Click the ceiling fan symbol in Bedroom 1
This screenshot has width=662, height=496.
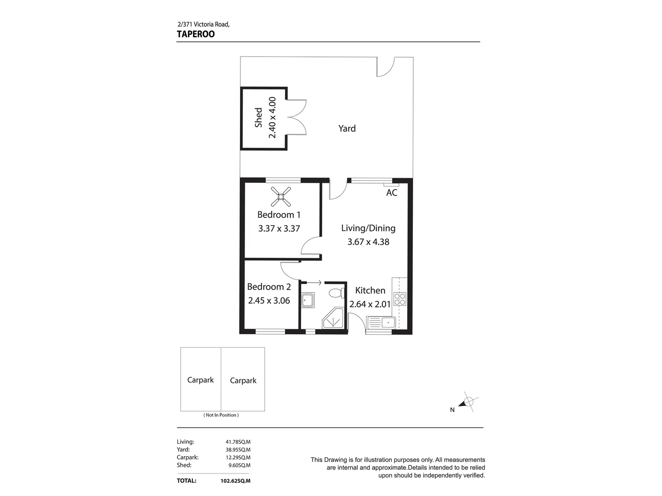point(280,197)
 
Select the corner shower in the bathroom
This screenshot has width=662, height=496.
point(333,319)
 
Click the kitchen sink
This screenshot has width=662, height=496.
point(380,323)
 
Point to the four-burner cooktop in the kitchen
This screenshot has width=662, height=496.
point(399,299)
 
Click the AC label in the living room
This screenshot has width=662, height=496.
point(392,193)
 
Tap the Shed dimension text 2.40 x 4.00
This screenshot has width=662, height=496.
point(272,118)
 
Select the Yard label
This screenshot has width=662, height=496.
point(347,129)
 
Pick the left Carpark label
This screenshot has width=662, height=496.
point(200,380)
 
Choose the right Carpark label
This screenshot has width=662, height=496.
point(243,380)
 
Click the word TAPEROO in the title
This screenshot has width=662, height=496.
point(196,34)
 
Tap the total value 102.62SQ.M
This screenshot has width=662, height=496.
point(235,481)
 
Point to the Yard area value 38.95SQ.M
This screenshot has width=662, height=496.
point(238,450)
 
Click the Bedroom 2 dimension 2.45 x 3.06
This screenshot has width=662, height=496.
point(269,301)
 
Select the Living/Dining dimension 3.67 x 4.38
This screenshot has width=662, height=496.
point(368,242)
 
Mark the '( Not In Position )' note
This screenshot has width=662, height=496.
point(221,415)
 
